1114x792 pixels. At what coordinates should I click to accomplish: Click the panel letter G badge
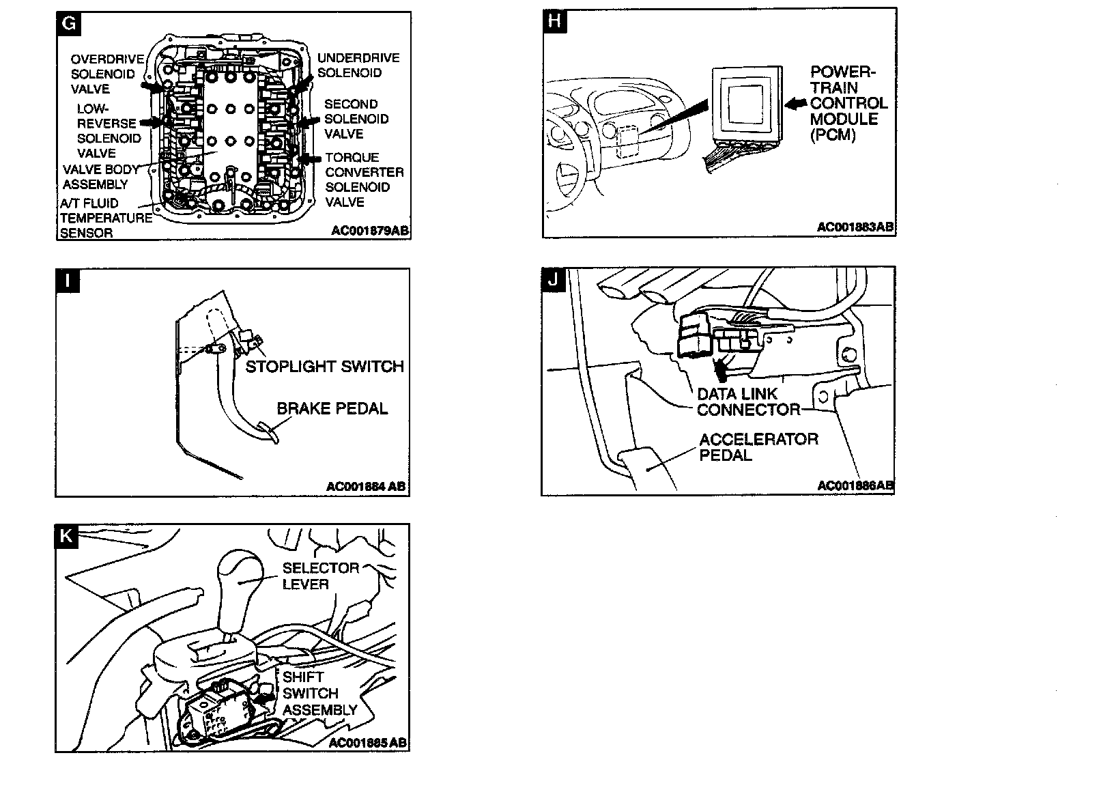[x=69, y=25]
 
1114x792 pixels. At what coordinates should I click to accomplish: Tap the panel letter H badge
[x=555, y=21]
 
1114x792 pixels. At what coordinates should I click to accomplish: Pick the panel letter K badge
[x=67, y=537]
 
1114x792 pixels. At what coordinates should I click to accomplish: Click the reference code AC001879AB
[x=370, y=231]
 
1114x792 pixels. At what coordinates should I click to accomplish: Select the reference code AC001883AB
[x=855, y=227]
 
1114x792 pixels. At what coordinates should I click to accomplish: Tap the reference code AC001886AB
[x=855, y=485]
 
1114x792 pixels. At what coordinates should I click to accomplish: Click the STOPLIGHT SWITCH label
[x=324, y=367]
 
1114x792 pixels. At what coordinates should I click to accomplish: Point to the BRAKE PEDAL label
[x=332, y=408]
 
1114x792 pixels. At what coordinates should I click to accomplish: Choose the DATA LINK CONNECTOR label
[x=747, y=401]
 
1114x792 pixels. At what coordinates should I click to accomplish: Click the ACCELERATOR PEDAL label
[x=758, y=447]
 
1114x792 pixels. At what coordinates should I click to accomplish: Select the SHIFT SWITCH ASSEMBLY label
[x=319, y=693]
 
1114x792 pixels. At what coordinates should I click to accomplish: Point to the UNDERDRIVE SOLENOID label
[x=358, y=66]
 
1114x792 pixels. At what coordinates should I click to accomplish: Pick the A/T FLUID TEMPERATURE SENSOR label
[x=105, y=218]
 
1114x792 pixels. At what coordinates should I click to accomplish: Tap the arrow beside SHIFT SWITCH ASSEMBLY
[x=264, y=696]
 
